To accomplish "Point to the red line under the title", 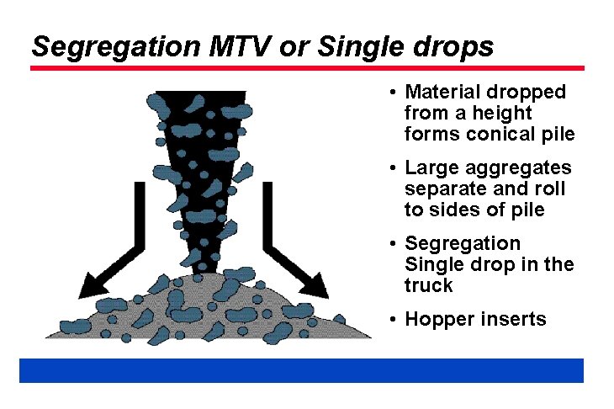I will coord(307,68).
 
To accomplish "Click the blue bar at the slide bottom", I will coord(301,370).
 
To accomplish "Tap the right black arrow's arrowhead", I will coord(315,286).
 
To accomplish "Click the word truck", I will coord(428,285).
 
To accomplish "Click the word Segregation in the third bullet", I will coord(463,244).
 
